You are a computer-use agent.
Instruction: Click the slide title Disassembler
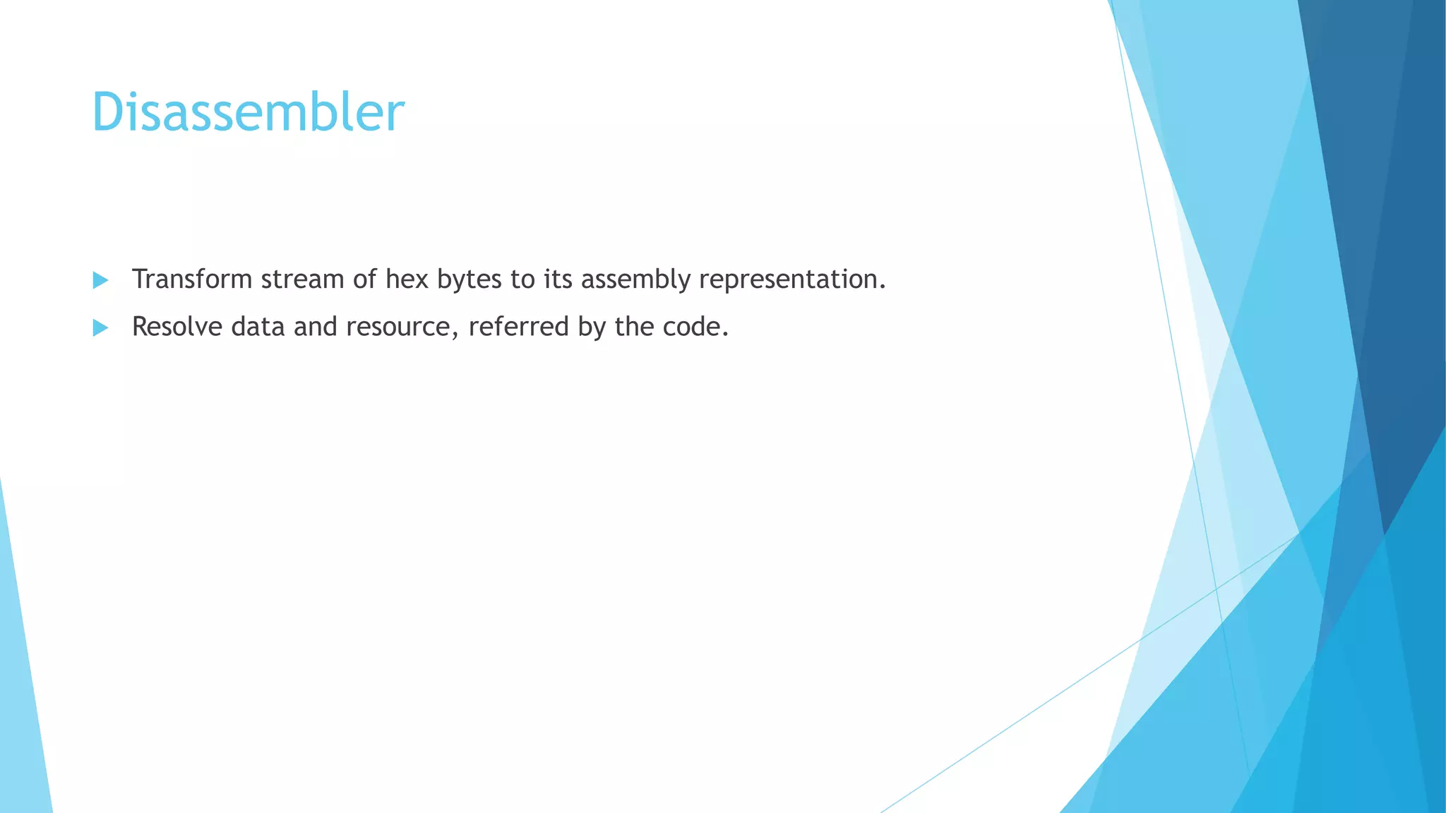click(248, 112)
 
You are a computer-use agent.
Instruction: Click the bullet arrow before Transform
click(100, 280)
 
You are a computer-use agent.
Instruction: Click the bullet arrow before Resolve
click(100, 327)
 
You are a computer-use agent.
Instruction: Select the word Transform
click(192, 279)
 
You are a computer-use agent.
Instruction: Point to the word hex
click(407, 279)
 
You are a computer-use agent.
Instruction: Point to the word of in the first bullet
click(365, 279)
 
